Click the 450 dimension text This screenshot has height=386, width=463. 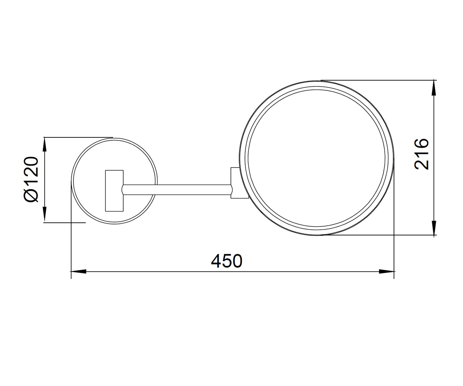pos(226,261)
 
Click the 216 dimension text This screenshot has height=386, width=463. pos(422,154)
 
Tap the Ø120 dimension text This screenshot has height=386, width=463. pos(31,179)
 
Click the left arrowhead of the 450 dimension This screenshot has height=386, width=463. pos(78,271)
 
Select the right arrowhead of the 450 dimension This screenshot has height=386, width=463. pos(387,271)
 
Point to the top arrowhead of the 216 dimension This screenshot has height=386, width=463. pos(434,88)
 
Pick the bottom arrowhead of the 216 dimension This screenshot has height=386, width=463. pos(434,227)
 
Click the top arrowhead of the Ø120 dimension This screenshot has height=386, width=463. pos(45,145)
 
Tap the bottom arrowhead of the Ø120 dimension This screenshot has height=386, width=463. pos(45,214)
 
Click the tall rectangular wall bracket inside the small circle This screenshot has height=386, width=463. pos(114,191)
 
